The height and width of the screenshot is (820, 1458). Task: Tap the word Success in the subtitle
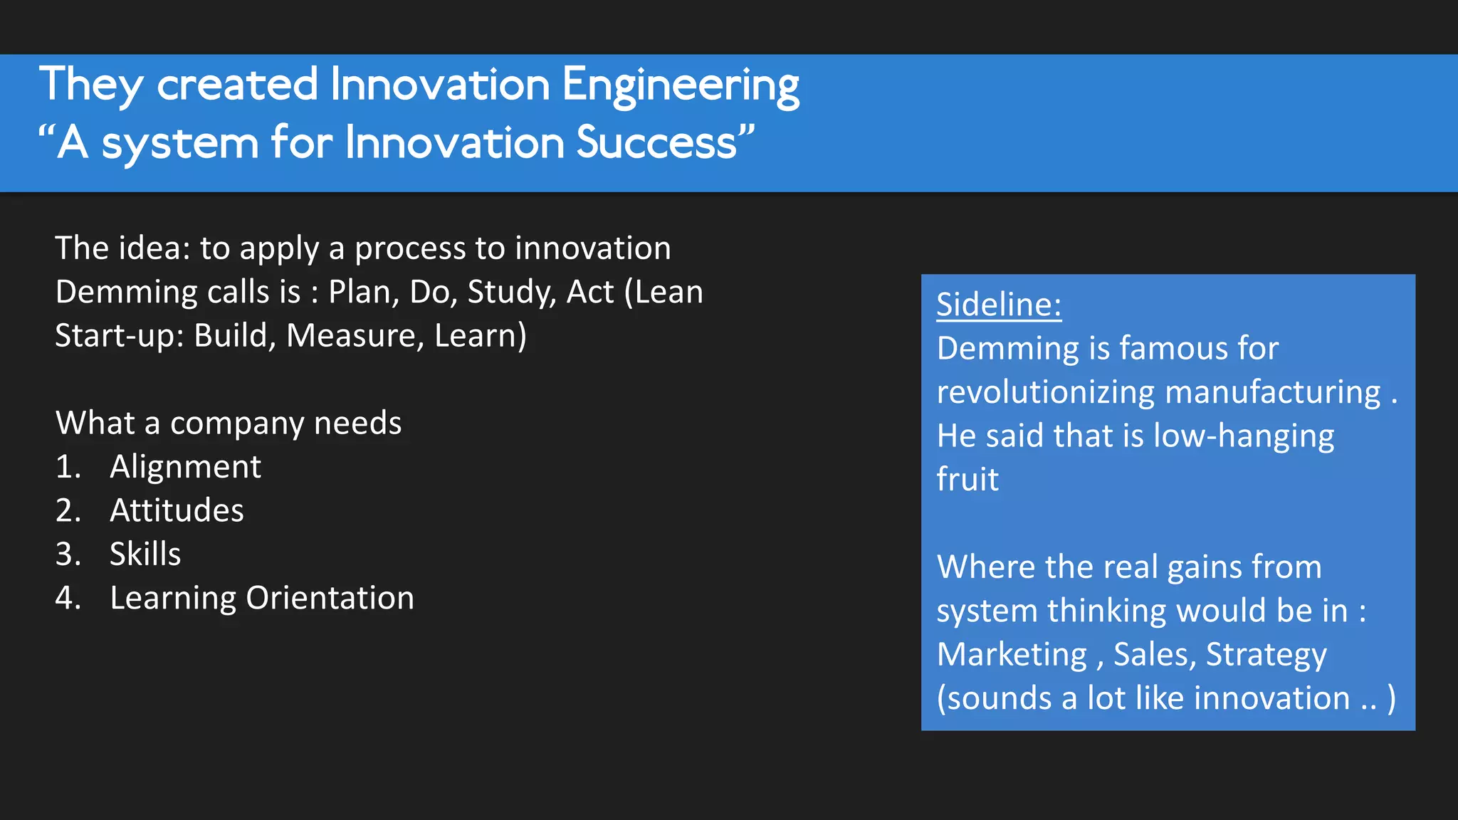656,142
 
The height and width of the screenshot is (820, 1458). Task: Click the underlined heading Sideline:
998,305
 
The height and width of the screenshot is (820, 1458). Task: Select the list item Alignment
185,467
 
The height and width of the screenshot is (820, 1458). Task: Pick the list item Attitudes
177,510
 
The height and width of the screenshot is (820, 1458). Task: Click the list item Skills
145,554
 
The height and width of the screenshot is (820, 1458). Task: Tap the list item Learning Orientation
261,598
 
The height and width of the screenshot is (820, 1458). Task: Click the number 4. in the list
68,598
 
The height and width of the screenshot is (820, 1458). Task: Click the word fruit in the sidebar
967,480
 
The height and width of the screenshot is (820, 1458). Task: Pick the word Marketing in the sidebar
1012,655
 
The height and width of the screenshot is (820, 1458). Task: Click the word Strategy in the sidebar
1266,655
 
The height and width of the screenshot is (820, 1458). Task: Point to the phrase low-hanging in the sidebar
1243,436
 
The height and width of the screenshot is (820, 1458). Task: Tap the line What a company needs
229,424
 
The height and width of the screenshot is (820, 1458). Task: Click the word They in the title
91,85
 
